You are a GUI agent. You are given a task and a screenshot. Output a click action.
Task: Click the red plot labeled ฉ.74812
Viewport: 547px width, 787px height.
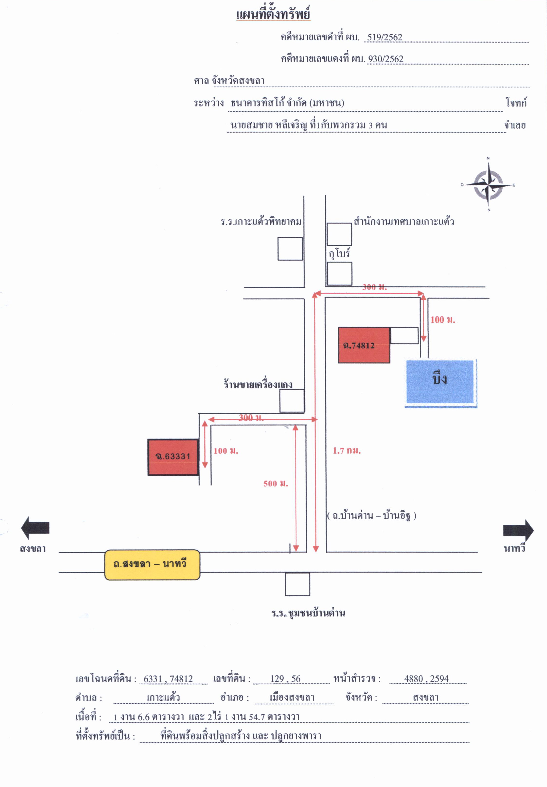(364, 345)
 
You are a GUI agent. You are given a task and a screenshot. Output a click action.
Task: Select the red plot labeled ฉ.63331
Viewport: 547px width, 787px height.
(173, 457)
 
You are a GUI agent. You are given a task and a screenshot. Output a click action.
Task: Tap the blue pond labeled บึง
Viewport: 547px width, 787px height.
(441, 383)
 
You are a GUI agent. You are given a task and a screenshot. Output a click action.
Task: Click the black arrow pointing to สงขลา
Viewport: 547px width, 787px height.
(35, 528)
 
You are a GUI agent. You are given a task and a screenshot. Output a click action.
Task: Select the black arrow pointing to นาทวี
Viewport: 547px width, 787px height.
(518, 531)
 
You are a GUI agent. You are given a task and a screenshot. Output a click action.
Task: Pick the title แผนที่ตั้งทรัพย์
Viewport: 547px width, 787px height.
(273, 14)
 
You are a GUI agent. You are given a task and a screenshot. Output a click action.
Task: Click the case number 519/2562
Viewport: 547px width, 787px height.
(384, 37)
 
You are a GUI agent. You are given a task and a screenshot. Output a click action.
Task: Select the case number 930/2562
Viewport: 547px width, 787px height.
(385, 59)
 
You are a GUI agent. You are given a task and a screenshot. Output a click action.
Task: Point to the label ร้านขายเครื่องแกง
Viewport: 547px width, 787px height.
(258, 384)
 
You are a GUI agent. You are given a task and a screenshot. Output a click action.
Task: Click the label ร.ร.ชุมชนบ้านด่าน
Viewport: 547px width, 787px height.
(308, 613)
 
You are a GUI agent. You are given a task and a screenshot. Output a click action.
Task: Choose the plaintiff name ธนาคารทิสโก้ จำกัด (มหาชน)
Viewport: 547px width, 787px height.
(287, 103)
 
